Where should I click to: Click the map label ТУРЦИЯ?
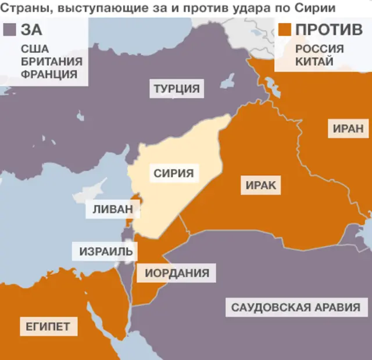[x=177, y=89]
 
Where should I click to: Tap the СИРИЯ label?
[x=173, y=172]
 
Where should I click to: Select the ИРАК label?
[x=260, y=186]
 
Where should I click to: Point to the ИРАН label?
[x=348, y=128]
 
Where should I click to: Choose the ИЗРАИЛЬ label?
[x=106, y=252]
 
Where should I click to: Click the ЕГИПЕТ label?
[x=48, y=326]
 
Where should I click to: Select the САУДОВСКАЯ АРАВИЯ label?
[x=295, y=307]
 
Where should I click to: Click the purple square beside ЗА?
[x=9, y=30]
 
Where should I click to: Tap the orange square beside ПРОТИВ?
[x=285, y=30]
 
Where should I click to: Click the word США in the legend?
[x=34, y=49]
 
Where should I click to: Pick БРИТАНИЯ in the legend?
[x=51, y=62]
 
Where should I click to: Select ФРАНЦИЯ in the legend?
[x=49, y=74]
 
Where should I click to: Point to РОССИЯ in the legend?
[x=319, y=49]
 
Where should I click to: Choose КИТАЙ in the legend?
[x=314, y=62]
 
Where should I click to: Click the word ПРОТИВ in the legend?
[x=329, y=30]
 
